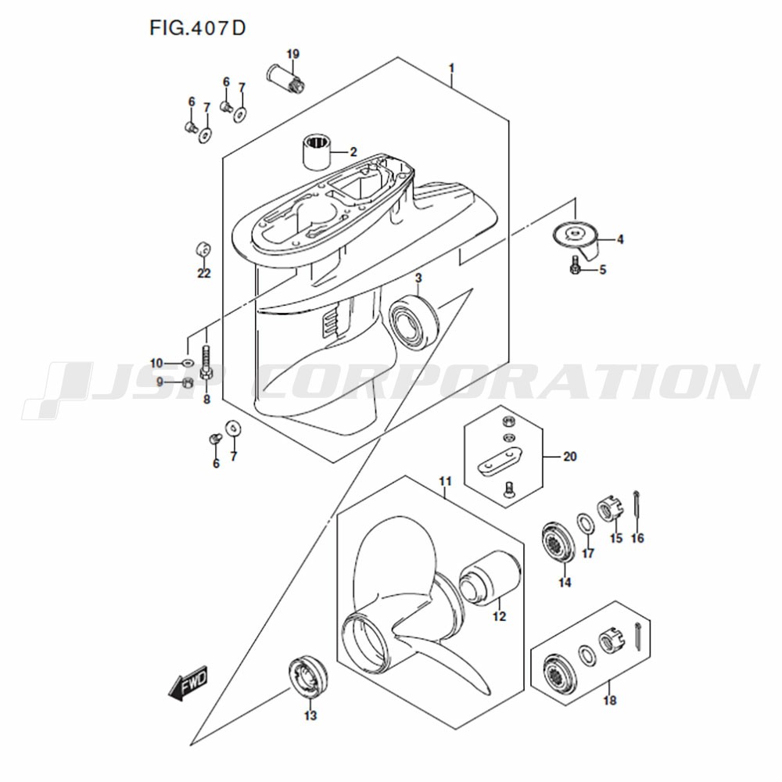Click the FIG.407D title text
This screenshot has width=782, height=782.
[198, 28]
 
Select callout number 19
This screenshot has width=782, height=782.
[292, 54]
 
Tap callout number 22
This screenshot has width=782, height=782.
[203, 273]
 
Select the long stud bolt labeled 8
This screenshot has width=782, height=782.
[206, 363]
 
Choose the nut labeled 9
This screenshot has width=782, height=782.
[188, 382]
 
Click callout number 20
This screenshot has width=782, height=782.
[569, 457]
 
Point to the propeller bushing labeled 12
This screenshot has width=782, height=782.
[490, 578]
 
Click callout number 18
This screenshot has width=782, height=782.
[609, 700]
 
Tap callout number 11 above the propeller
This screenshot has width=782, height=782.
[445, 481]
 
